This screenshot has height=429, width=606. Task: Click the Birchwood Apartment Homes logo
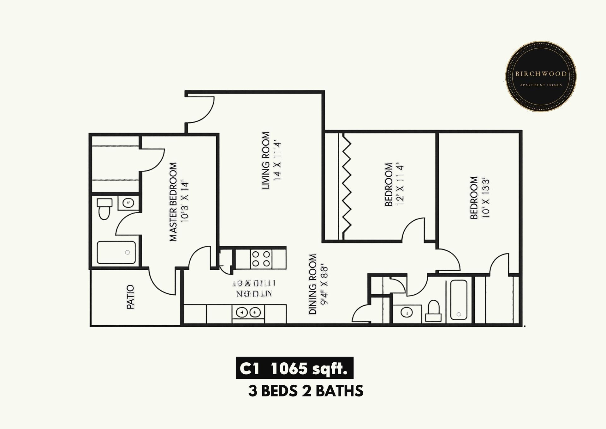click(x=541, y=77)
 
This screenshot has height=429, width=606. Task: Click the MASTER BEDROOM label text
click(x=173, y=202)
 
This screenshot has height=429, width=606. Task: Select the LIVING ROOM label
click(x=266, y=160)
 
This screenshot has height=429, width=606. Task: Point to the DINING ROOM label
click(x=312, y=284)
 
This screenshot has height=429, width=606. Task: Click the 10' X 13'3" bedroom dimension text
click(x=486, y=199)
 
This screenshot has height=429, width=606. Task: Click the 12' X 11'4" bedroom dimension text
click(x=400, y=185)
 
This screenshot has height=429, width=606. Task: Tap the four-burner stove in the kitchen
click(x=261, y=259)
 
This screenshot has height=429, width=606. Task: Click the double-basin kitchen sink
click(x=248, y=312)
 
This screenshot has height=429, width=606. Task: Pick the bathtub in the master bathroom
click(x=116, y=252)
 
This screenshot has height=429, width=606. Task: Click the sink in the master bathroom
click(x=128, y=203)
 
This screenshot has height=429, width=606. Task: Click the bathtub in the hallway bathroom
click(x=459, y=299)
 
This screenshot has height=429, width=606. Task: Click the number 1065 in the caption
click(x=289, y=368)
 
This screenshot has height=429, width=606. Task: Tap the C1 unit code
click(x=249, y=368)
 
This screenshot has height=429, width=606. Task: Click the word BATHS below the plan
click(x=339, y=391)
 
